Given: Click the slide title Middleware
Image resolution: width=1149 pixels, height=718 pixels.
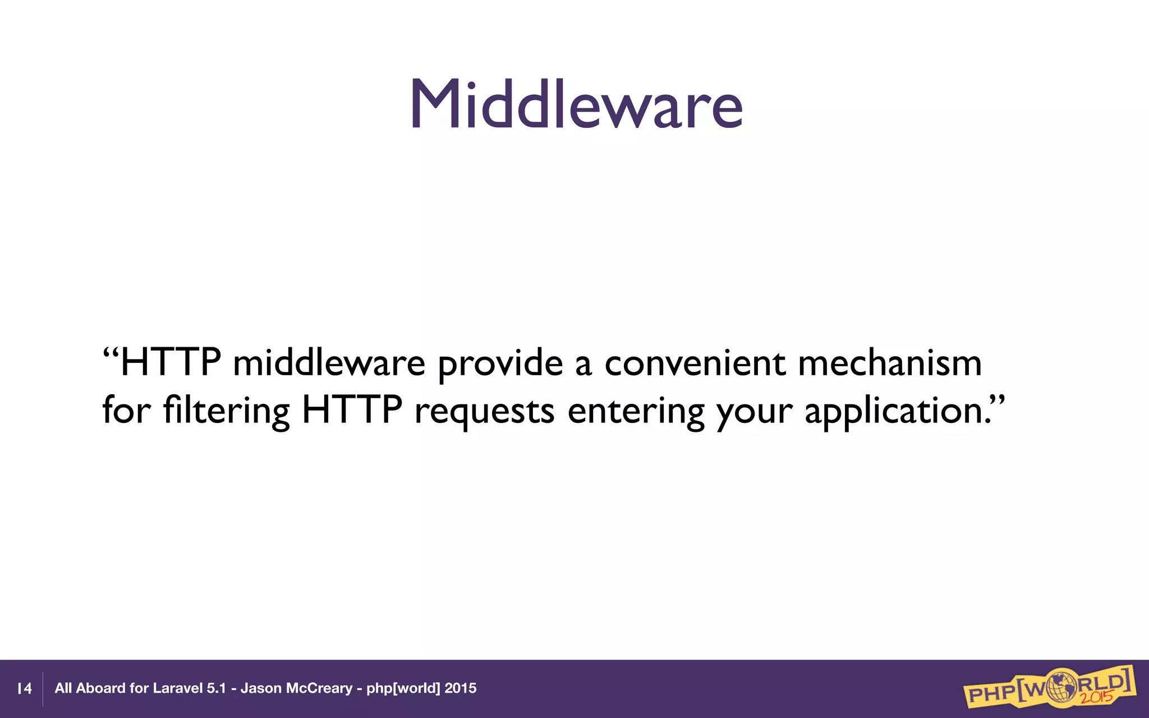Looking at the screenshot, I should (577, 104).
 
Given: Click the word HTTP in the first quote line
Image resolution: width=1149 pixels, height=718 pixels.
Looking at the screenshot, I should (171, 363).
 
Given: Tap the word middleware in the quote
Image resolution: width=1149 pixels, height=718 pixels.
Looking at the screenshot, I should (329, 363).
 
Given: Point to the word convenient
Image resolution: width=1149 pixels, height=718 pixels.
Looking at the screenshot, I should (695, 363).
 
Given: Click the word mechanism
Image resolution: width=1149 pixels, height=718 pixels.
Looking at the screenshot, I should (890, 363).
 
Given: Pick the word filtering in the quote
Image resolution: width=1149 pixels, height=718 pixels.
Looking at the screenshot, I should (226, 411).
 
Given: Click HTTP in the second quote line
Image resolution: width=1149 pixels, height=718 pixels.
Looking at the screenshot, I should (352, 411).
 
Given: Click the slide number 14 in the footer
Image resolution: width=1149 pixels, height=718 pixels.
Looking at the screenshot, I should (25, 689).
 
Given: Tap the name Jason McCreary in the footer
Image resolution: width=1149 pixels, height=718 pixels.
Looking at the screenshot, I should (296, 688).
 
